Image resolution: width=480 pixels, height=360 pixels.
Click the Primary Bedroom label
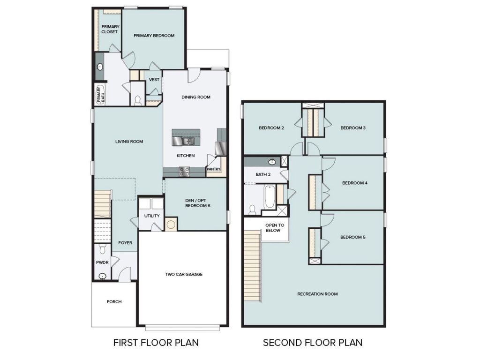[x=154, y=36]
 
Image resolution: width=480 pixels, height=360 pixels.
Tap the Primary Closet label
[x=109, y=29]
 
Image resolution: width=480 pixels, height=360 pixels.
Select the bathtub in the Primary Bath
[x=99, y=96]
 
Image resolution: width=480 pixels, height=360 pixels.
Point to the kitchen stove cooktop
[x=184, y=172]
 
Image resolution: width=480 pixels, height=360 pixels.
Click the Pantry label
[x=213, y=169]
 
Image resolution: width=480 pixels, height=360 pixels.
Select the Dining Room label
[x=196, y=97]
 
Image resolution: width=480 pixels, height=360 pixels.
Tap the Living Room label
[x=129, y=142]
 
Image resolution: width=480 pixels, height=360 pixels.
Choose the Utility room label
[x=152, y=216]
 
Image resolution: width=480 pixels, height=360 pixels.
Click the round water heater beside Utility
[x=171, y=225]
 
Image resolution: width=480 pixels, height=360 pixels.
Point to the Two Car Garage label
[x=183, y=274]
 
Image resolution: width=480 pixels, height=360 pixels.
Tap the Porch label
[x=114, y=301]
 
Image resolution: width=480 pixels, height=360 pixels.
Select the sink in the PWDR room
[x=103, y=276]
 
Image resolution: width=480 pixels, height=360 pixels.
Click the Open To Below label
[x=273, y=227]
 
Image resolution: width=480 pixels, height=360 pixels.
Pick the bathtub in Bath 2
[x=270, y=197]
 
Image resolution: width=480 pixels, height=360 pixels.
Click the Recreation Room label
[x=317, y=294]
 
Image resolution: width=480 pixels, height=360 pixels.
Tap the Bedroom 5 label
[x=352, y=237]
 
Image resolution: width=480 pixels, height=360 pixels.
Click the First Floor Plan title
[x=156, y=343]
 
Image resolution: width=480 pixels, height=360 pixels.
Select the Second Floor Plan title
[x=312, y=343]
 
